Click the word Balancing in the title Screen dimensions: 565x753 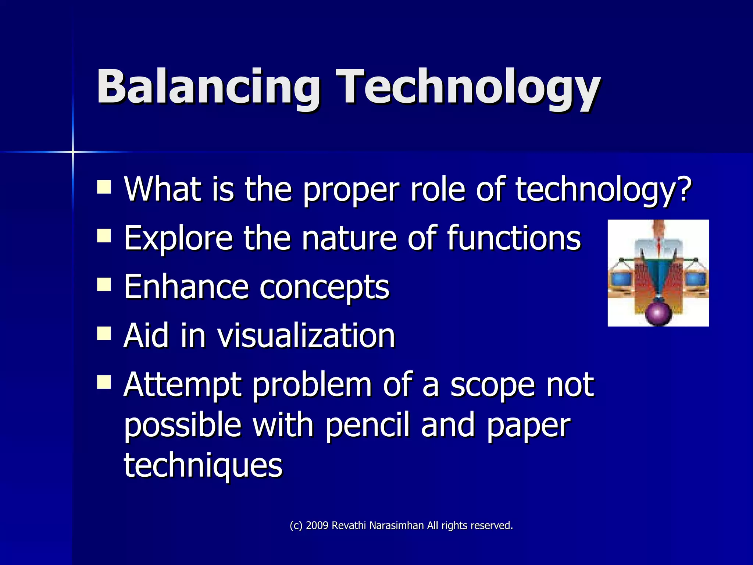pos(208,88)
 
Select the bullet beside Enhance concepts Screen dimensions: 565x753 pos(104,284)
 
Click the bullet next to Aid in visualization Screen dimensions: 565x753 pos(104,333)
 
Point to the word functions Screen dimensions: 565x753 pos(513,238)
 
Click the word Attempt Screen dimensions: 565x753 pos(182,385)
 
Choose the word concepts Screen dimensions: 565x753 pos(324,287)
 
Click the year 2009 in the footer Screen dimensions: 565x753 pos(317,526)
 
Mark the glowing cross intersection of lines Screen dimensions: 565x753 pos(73,152)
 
